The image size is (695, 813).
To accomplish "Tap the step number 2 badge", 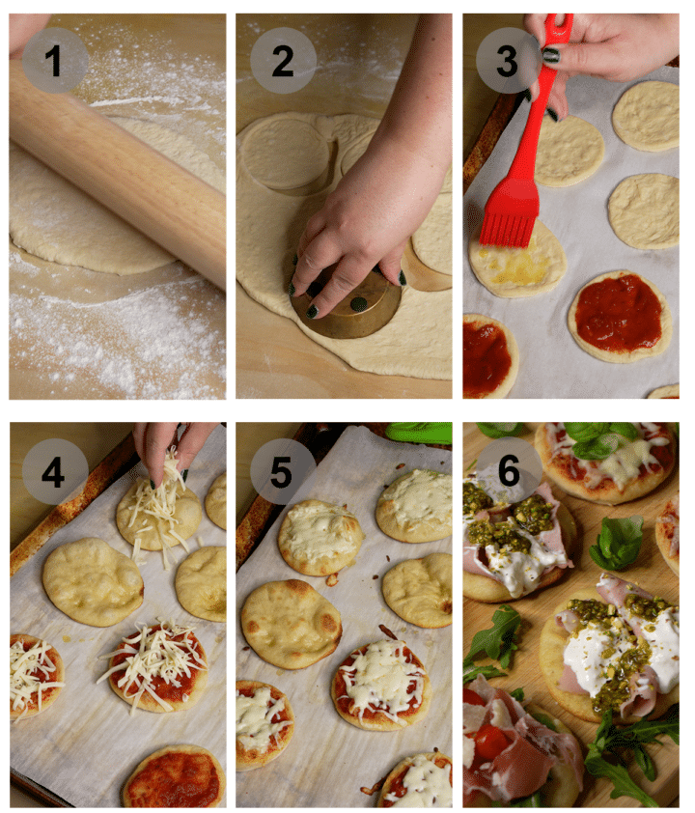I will (x=282, y=61).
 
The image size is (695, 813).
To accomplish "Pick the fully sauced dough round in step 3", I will (x=619, y=315).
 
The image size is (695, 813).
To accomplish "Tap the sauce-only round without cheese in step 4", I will (x=174, y=776).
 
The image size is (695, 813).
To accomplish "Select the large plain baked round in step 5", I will (x=290, y=623).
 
